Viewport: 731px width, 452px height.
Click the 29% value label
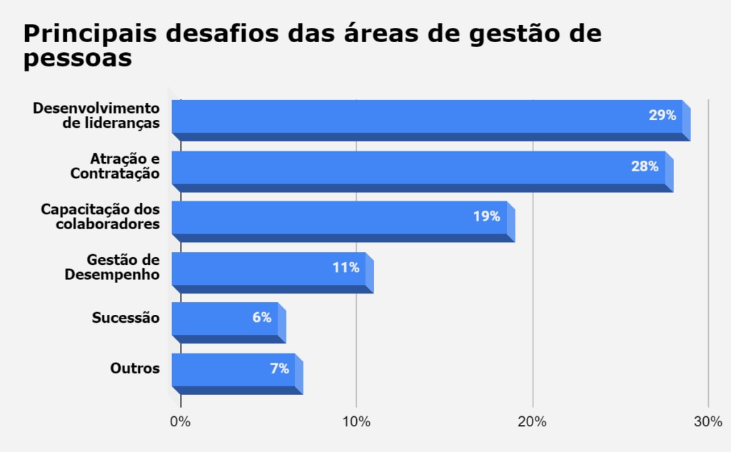click(662, 115)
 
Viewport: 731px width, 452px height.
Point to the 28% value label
click(644, 166)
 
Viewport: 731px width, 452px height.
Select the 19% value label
click(486, 216)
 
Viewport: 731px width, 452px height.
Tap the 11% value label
click(346, 268)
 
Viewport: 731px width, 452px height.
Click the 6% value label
click(261, 318)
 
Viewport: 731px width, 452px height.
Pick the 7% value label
click(279, 368)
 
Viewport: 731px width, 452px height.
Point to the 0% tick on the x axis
click(180, 422)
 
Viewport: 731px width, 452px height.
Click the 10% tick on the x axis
click(356, 422)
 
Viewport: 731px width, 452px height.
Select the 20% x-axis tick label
click(533, 422)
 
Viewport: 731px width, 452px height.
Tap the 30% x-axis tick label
click(708, 422)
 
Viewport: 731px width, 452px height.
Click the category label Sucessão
click(126, 318)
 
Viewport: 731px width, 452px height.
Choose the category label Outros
click(135, 368)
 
